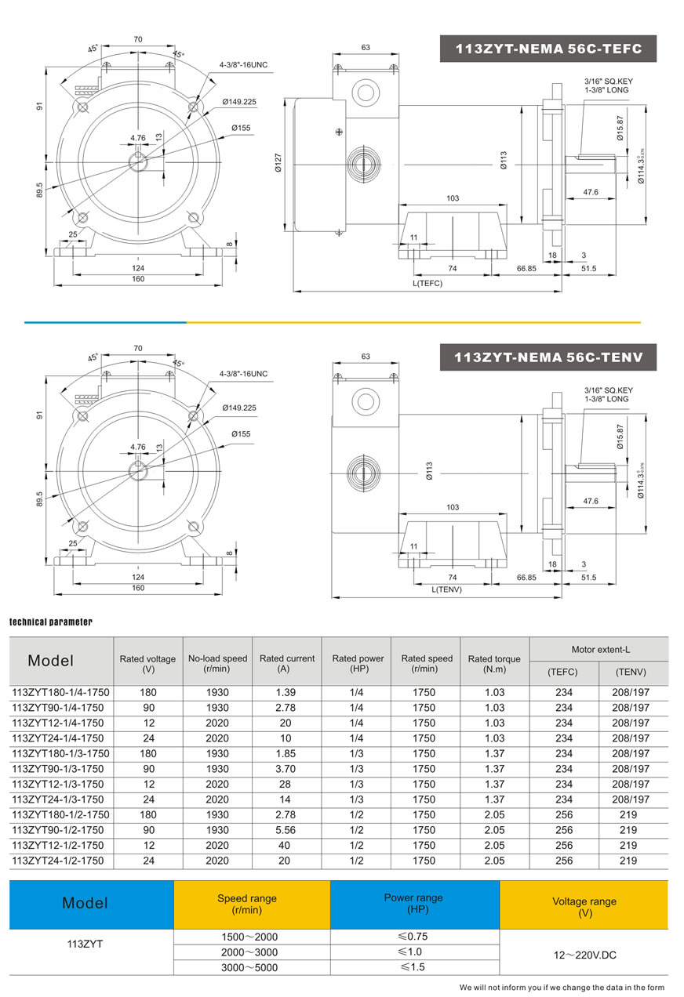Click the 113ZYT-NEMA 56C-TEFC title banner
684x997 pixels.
pos(548,49)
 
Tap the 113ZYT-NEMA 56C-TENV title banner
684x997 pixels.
pos(548,357)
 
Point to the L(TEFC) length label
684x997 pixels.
pos(427,283)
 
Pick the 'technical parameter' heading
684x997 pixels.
pos(51,622)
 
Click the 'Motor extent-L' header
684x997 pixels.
pos(599,650)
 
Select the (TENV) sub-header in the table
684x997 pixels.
pos(631,673)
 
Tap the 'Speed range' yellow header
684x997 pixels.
pos(247,905)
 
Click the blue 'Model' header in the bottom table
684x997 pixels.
pos(85,904)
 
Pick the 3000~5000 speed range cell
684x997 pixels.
pos(251,967)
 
